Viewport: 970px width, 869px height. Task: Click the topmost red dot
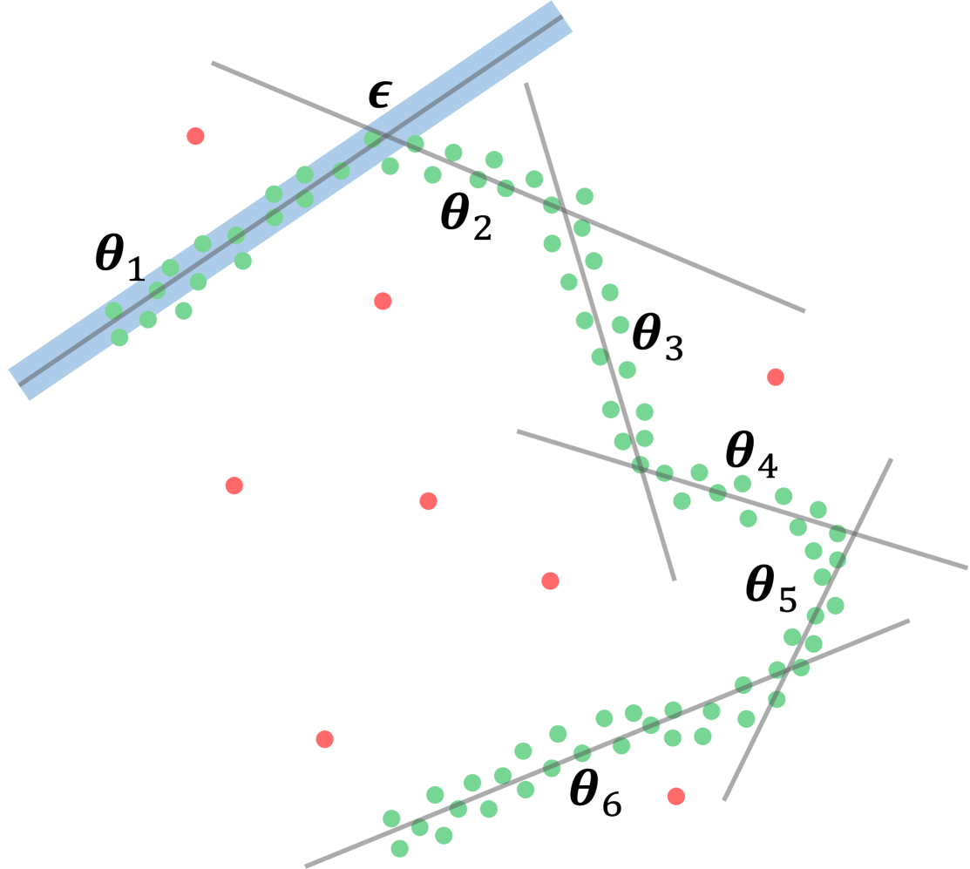(195, 136)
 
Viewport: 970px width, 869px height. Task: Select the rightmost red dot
(775, 377)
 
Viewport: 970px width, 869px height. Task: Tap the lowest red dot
(675, 796)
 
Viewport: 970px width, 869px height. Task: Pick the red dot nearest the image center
(428, 500)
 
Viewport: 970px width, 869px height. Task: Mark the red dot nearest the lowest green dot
(324, 739)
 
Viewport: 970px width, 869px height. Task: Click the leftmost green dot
(113, 310)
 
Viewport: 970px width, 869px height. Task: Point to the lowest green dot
(400, 848)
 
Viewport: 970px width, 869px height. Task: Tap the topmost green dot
(372, 138)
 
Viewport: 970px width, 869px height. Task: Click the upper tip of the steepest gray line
(526, 84)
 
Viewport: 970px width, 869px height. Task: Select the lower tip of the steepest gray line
(675, 580)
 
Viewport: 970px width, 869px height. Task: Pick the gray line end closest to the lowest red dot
(723, 799)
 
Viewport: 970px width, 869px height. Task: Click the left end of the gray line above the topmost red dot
(212, 62)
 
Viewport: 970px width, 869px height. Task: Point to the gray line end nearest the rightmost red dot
(804, 310)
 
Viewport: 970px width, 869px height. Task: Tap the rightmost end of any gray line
(967, 568)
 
